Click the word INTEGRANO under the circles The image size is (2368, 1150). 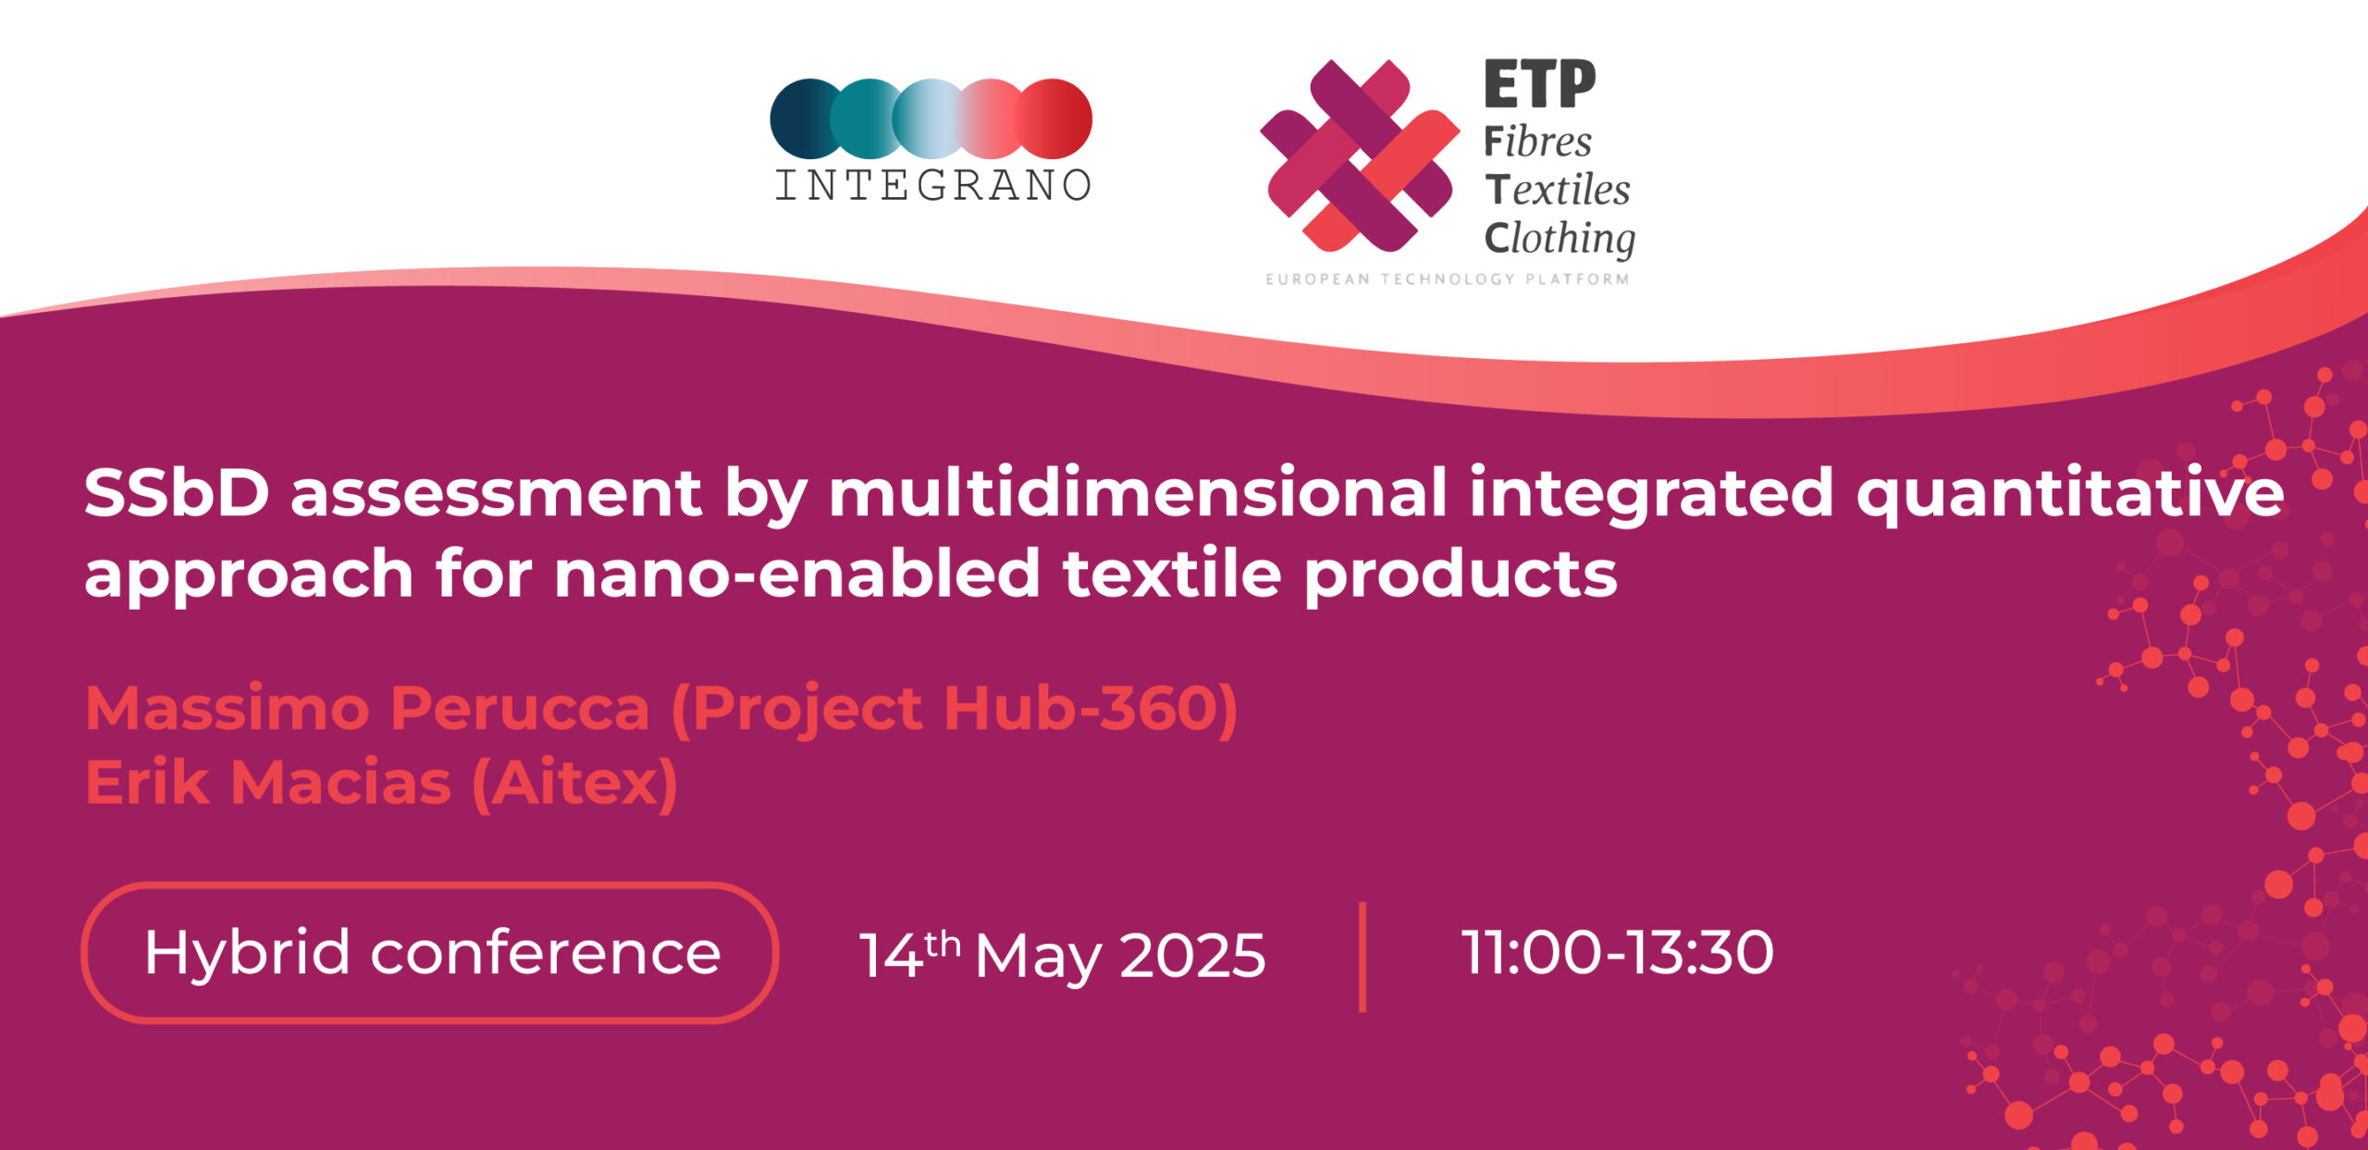click(932, 185)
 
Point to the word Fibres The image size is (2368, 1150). click(1537, 142)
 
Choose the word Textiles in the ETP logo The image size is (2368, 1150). click(1558, 190)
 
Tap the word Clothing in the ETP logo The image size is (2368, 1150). click(1560, 239)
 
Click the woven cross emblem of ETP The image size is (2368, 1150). click(1359, 155)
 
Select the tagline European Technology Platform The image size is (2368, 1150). click(1448, 278)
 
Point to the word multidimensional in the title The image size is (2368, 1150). click(1138, 492)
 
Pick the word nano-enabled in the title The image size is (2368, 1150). click(797, 574)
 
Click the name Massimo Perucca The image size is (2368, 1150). click(367, 709)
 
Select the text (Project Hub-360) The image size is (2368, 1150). click(955, 711)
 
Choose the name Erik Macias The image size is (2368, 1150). click(268, 783)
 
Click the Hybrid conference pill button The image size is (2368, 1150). click(430, 953)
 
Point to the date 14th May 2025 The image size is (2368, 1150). click(1062, 955)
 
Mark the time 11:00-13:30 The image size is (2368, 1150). click(1617, 952)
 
